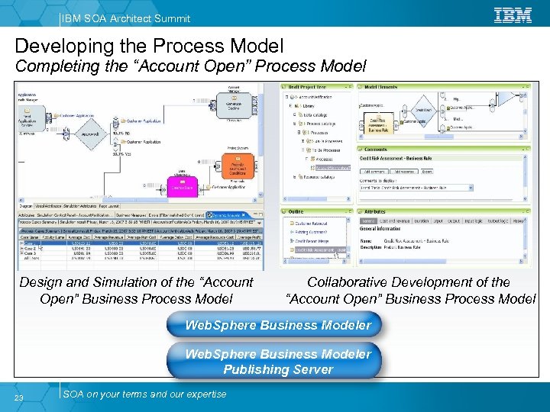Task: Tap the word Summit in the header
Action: (x=170, y=18)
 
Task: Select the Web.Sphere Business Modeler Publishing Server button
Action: (x=278, y=362)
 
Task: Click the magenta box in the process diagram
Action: (x=182, y=185)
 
